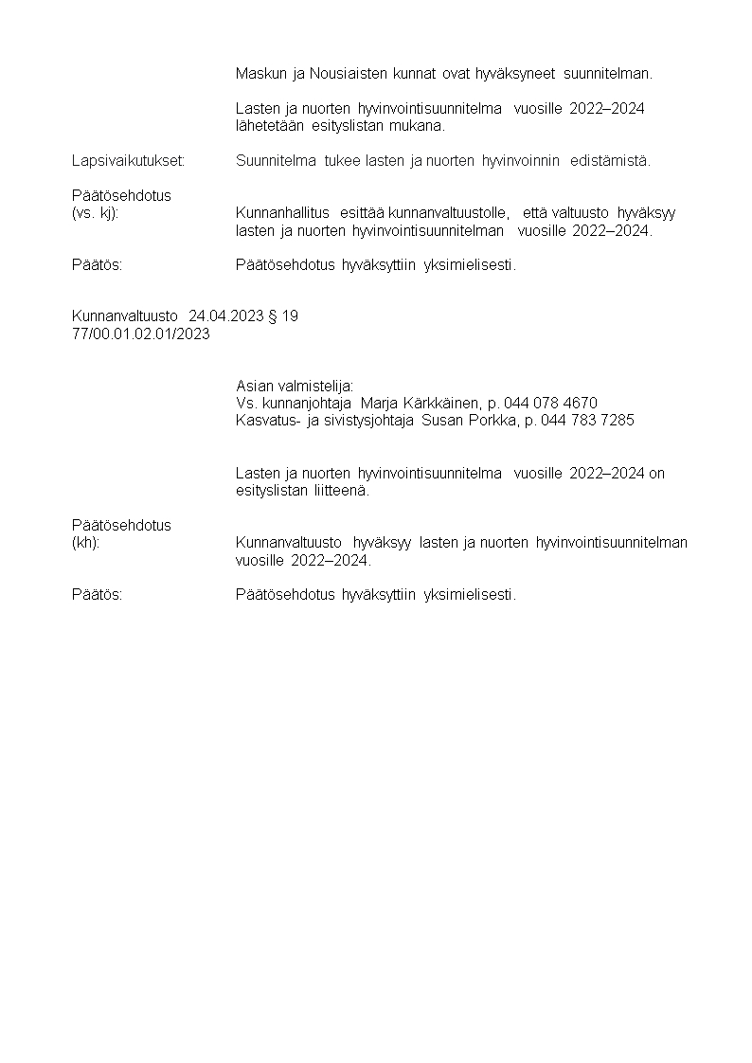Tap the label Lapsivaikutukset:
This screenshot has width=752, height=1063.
[x=129, y=160]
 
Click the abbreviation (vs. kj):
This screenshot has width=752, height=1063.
[x=96, y=212]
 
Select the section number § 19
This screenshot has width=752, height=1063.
[x=283, y=315]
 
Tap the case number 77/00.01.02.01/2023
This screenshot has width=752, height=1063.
[x=141, y=333]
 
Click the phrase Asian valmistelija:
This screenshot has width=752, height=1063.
[x=295, y=386]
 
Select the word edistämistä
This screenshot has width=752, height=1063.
[x=610, y=160]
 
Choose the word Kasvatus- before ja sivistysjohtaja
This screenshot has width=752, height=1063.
[x=268, y=420]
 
